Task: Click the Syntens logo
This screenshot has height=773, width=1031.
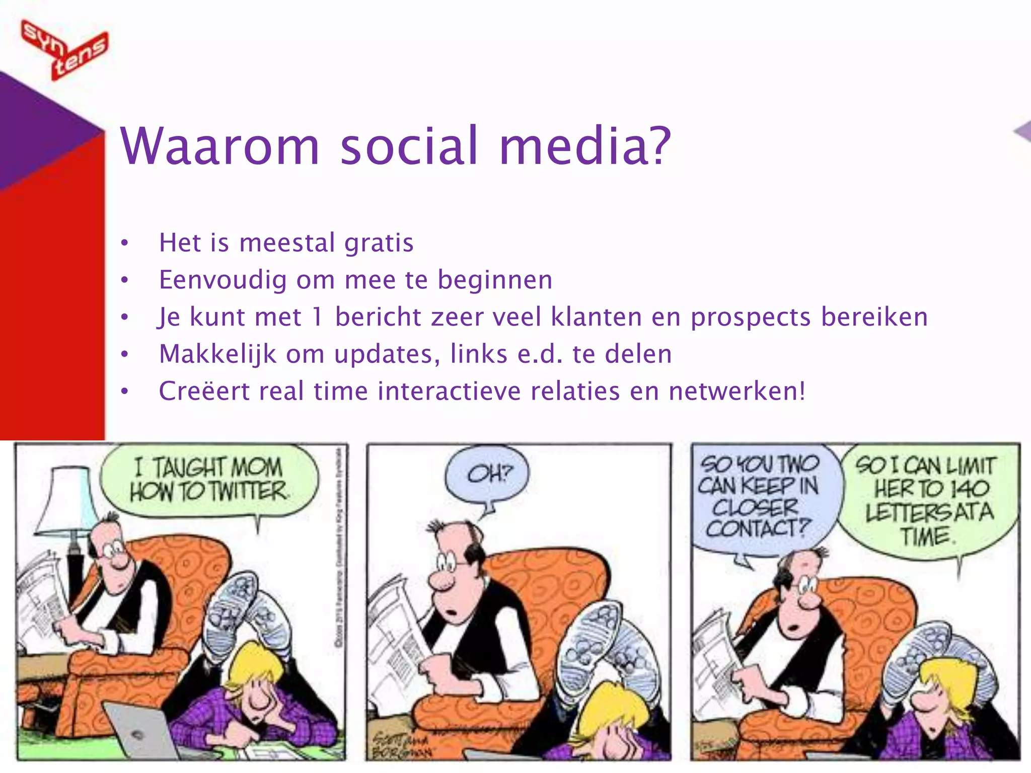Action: coord(64,49)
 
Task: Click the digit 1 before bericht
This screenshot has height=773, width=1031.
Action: coord(317,317)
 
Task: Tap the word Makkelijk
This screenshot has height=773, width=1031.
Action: coord(217,354)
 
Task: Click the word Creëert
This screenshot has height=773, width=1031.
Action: coord(204,391)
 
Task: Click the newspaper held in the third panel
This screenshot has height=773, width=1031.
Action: coord(715,654)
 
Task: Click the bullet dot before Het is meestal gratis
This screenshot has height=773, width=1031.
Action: coord(125,244)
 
